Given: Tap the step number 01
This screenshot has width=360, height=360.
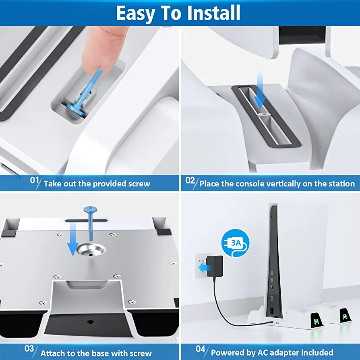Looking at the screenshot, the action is (x=35, y=180).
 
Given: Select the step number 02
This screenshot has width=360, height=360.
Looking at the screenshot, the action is (x=190, y=180).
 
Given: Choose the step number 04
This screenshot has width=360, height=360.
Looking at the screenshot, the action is (x=201, y=349).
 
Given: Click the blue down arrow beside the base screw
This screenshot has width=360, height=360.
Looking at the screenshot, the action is (x=73, y=240).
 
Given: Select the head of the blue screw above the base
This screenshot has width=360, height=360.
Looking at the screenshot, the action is (x=90, y=209).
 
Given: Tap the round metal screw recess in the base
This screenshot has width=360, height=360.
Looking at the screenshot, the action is (x=91, y=250).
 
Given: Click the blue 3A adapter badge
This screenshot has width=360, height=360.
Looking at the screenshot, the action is (x=236, y=243).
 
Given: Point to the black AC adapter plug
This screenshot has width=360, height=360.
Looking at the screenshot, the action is (x=215, y=266).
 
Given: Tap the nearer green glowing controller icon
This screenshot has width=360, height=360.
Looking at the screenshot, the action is (x=316, y=321).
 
